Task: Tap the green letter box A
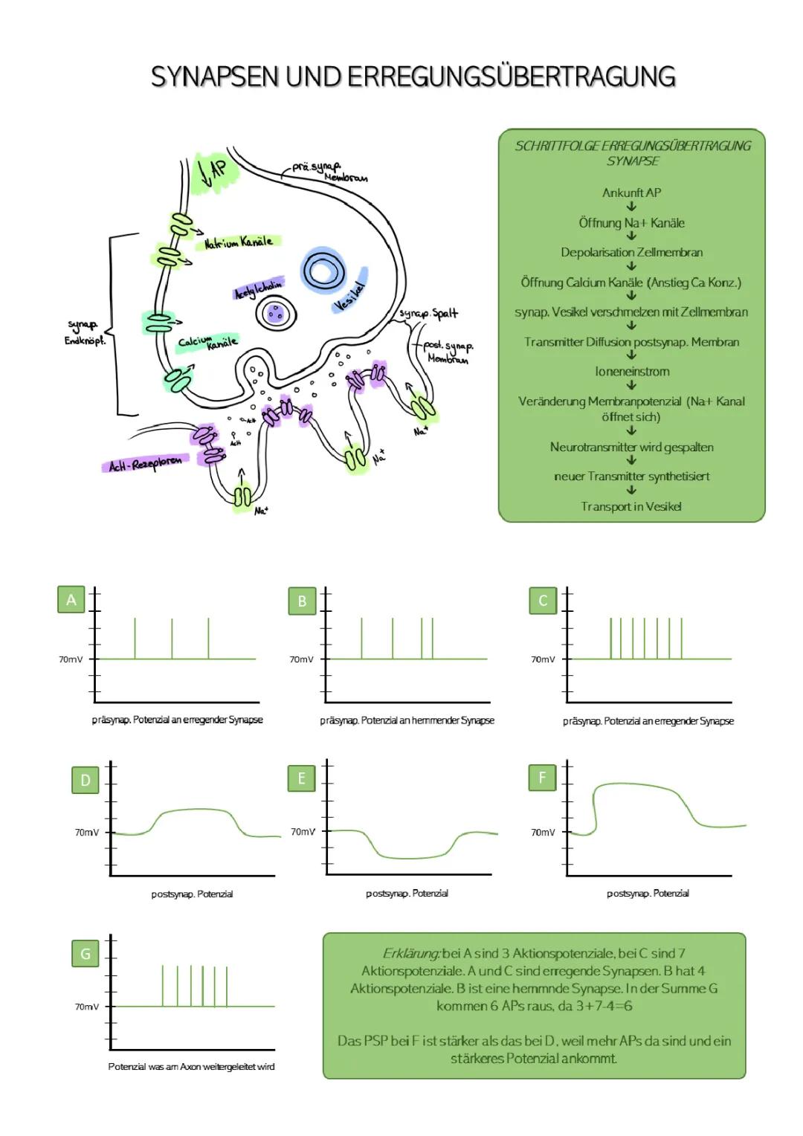(71, 599)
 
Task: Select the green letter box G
(85, 953)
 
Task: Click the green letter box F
(542, 778)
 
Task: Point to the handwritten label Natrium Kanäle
(239, 242)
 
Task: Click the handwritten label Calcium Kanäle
(207, 342)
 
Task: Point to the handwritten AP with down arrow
(214, 171)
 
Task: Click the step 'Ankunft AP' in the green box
(631, 193)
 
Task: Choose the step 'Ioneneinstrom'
(632, 371)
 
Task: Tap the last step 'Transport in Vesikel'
(631, 506)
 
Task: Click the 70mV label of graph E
(302, 831)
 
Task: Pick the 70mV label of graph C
(542, 659)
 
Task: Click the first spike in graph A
(135, 638)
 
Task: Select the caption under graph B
(407, 720)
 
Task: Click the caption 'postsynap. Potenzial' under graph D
(192, 894)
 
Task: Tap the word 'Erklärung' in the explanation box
(410, 953)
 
